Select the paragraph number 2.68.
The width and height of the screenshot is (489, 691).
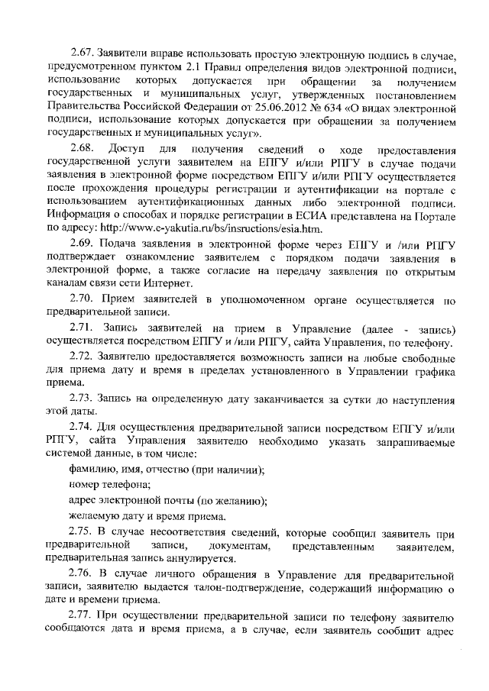point(80,147)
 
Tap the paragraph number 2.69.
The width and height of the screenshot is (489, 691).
point(80,244)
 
